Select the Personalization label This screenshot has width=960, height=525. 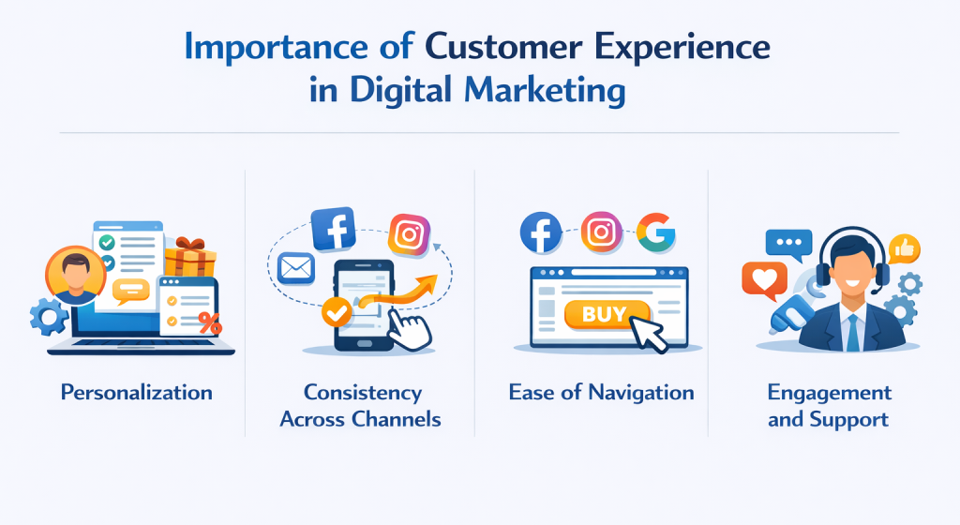pyautogui.click(x=137, y=392)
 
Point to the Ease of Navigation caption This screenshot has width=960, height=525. pyautogui.click(x=602, y=392)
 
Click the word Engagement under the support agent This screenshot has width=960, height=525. pyautogui.click(x=830, y=392)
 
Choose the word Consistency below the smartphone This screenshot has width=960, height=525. pyautogui.click(x=362, y=392)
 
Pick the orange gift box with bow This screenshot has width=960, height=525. pyautogui.click(x=190, y=256)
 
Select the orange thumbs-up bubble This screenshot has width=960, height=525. pyautogui.click(x=905, y=248)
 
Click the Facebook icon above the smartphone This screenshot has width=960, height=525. pyautogui.click(x=333, y=229)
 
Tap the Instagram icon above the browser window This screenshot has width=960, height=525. pyautogui.click(x=602, y=232)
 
